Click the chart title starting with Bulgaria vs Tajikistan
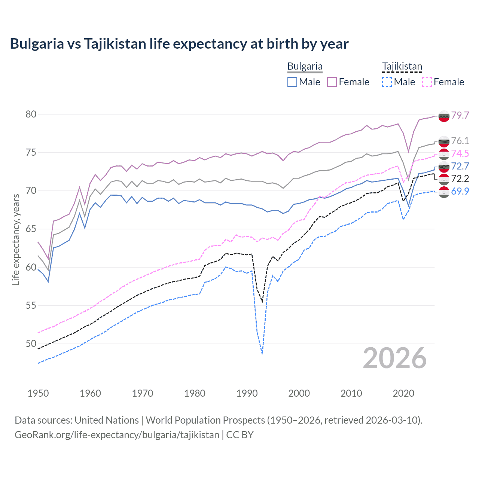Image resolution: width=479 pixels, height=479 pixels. (x=179, y=44)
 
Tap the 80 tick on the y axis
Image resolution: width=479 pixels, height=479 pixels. (x=31, y=114)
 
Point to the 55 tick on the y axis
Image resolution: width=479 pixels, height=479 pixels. (x=31, y=305)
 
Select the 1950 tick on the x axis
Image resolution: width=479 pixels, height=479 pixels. (x=38, y=393)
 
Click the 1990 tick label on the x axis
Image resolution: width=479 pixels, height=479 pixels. (x=247, y=393)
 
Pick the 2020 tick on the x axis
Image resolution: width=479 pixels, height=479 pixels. (x=403, y=393)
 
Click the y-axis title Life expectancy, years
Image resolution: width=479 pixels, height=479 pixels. (x=16, y=239)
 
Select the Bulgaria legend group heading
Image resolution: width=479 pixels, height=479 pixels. (x=305, y=66)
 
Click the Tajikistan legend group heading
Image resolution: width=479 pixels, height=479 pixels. (x=402, y=66)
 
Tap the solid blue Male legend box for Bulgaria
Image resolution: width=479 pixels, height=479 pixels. (x=292, y=82)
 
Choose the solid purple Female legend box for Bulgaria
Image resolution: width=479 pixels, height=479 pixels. (x=332, y=82)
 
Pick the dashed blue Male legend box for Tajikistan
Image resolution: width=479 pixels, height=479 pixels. (x=387, y=82)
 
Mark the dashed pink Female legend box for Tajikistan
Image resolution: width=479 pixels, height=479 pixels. (x=427, y=82)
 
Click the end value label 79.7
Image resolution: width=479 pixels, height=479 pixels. (x=460, y=115)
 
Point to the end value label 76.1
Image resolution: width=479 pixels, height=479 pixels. (x=460, y=141)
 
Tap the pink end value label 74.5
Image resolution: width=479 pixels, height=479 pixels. (x=460, y=153)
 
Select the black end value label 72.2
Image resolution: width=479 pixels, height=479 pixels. (x=460, y=179)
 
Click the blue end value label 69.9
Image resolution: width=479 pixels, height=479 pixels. (x=460, y=191)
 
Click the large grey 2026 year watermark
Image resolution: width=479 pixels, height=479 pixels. (x=395, y=358)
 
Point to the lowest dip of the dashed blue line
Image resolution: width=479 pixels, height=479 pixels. (x=262, y=354)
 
